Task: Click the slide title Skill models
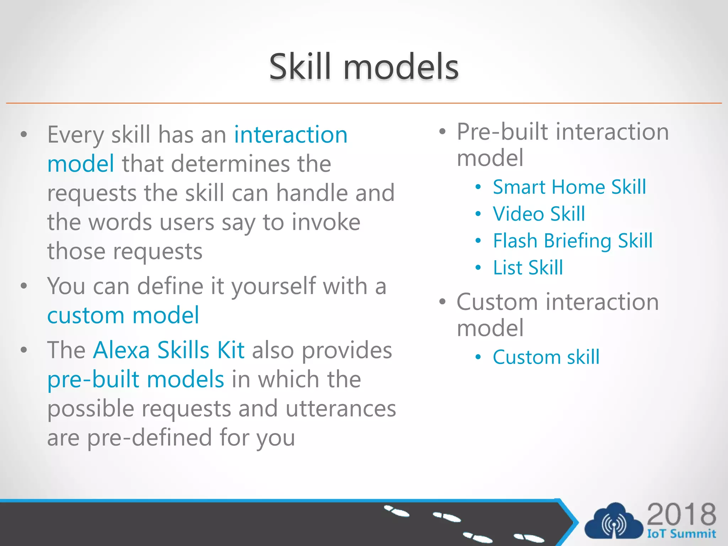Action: click(x=364, y=66)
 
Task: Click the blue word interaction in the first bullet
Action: click(x=290, y=135)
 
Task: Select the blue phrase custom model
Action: click(x=123, y=315)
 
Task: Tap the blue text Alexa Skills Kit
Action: click(x=168, y=350)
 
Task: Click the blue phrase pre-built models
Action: click(x=135, y=379)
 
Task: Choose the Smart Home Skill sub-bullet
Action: click(x=569, y=187)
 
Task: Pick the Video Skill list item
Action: click(x=539, y=214)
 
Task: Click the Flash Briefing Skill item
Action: click(x=572, y=241)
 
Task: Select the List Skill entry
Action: click(x=528, y=268)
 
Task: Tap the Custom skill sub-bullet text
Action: click(x=546, y=357)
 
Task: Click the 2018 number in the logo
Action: click(x=681, y=514)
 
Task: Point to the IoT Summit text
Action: click(x=681, y=534)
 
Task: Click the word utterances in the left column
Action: click(x=341, y=408)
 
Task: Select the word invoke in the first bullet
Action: click(x=326, y=222)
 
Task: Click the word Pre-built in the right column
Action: click(x=502, y=132)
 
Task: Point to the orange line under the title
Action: click(x=364, y=103)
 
